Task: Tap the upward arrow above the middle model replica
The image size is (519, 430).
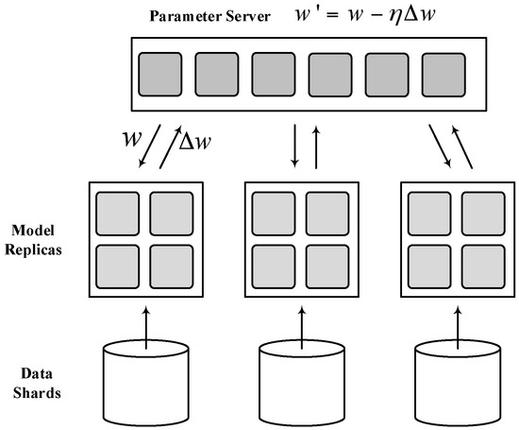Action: click(313, 146)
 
